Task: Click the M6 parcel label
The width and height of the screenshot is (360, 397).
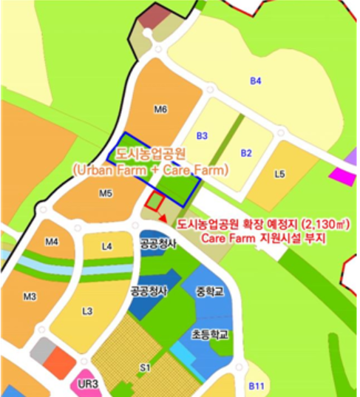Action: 160,109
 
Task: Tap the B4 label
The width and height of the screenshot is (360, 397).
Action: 256,81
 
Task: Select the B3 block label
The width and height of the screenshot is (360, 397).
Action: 203,136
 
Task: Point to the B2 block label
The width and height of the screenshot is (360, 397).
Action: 247,153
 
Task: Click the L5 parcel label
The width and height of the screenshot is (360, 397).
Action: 279,174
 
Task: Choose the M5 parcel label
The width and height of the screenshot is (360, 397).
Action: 105,194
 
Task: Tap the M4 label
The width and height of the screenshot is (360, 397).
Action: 52,242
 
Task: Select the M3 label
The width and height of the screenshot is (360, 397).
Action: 30,296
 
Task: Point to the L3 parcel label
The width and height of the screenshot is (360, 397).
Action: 87,311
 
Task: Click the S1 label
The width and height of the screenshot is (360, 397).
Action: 145,367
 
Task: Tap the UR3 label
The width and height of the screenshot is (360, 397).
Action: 88,384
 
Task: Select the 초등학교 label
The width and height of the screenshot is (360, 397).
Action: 210,334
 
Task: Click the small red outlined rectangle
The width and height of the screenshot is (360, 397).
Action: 154,200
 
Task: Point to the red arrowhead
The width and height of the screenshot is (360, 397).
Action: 162,216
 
